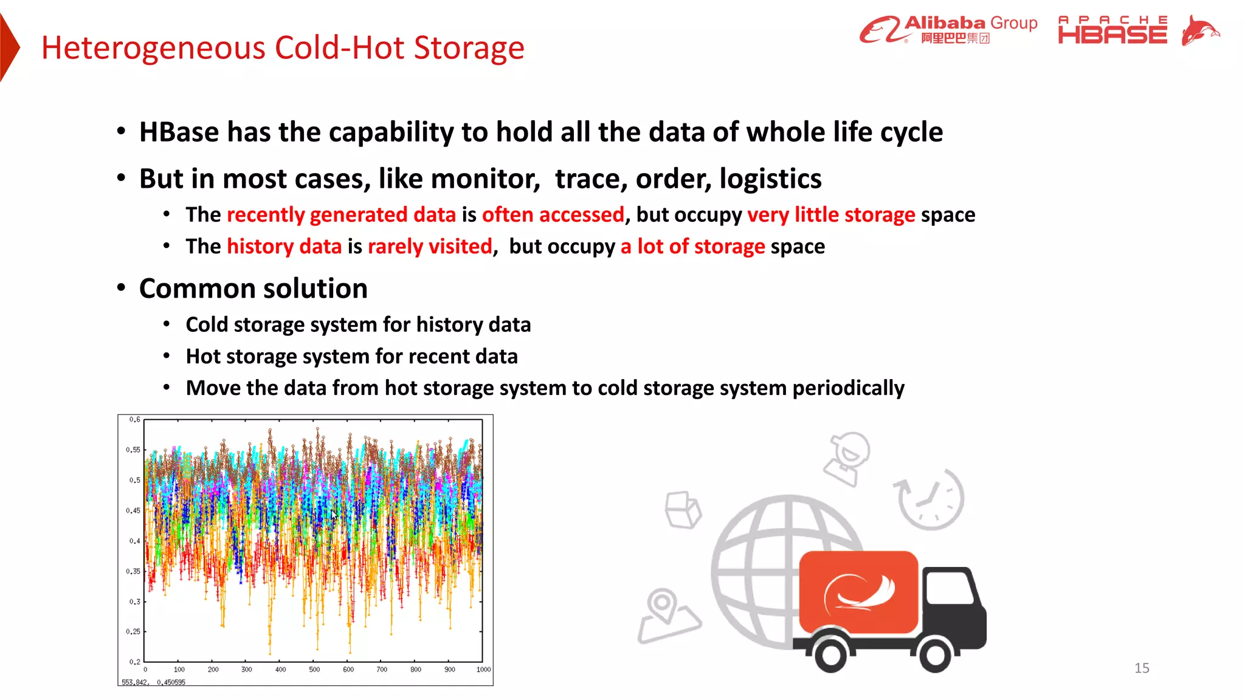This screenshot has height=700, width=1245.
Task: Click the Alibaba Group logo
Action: pyautogui.click(x=948, y=30)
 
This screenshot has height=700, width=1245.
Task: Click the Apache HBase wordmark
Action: pyautogui.click(x=1112, y=30)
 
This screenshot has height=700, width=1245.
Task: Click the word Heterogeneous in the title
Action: pyautogui.click(x=153, y=48)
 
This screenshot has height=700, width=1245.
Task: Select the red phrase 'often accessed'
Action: pyautogui.click(x=553, y=214)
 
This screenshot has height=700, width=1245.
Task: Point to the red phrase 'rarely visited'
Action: pyautogui.click(x=430, y=246)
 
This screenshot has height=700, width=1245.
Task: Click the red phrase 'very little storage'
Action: pyautogui.click(x=831, y=214)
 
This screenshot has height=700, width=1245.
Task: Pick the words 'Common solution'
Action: pyautogui.click(x=253, y=288)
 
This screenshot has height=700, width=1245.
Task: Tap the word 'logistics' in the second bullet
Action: pyautogui.click(x=770, y=179)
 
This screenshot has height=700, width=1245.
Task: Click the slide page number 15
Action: pyautogui.click(x=1142, y=668)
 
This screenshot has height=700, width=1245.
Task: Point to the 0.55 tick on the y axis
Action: pyautogui.click(x=133, y=450)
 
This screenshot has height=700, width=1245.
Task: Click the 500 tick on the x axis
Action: pyautogui.click(x=314, y=670)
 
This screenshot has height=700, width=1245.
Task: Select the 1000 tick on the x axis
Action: pyautogui.click(x=483, y=670)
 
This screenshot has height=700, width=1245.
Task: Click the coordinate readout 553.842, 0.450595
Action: pyautogui.click(x=153, y=682)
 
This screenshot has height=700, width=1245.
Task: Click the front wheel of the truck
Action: pyautogui.click(x=935, y=654)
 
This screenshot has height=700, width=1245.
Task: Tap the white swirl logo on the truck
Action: pyautogui.click(x=858, y=592)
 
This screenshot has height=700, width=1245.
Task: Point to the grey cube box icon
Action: pyautogui.click(x=683, y=509)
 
